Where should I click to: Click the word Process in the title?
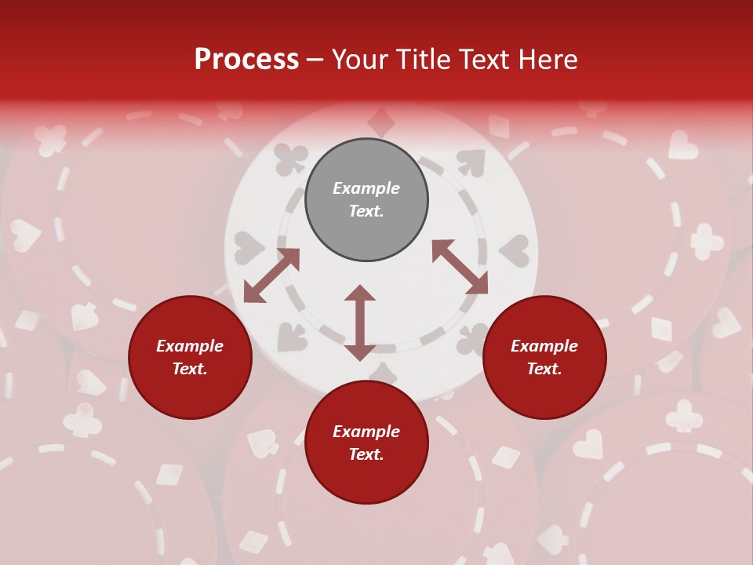coord(246,59)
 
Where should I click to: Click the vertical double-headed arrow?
coord(360,323)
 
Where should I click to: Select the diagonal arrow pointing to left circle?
coord(271,275)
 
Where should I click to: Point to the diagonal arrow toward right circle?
coord(460,267)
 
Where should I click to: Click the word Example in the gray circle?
coord(366,188)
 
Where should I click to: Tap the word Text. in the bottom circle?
coord(366,454)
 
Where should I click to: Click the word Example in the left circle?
coord(190,346)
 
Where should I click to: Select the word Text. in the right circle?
coord(544,369)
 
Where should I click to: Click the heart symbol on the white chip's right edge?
coord(515,251)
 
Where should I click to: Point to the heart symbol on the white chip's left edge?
coord(249,248)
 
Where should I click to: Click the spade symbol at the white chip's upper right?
coord(471,162)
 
